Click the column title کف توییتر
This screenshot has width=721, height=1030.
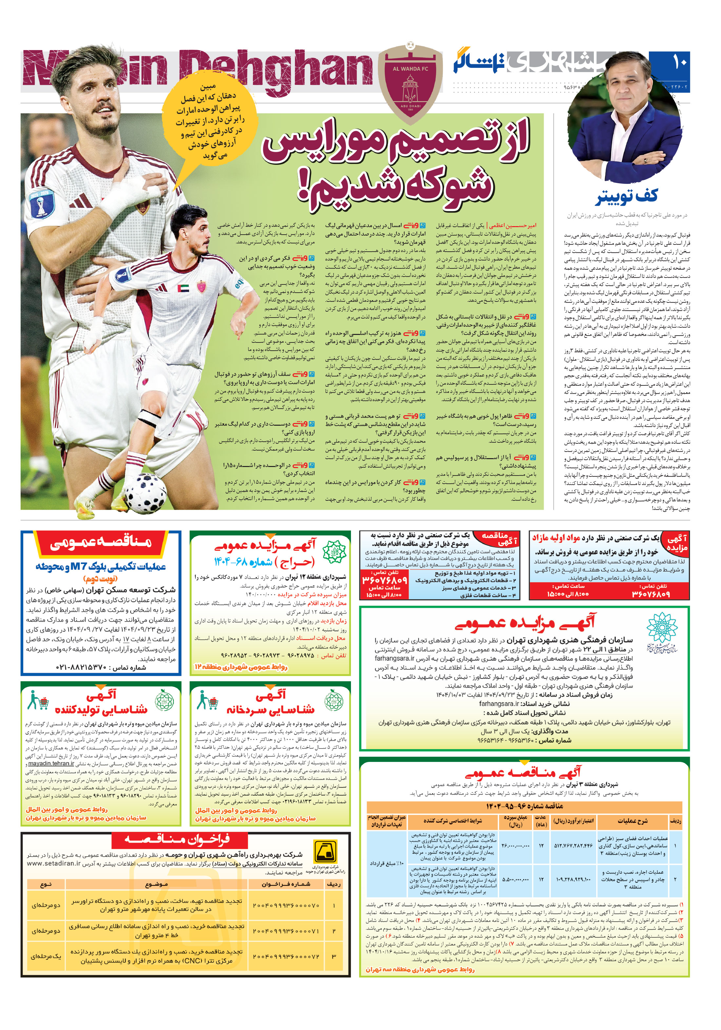(627, 197)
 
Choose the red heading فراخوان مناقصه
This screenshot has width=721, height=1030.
(178, 841)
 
